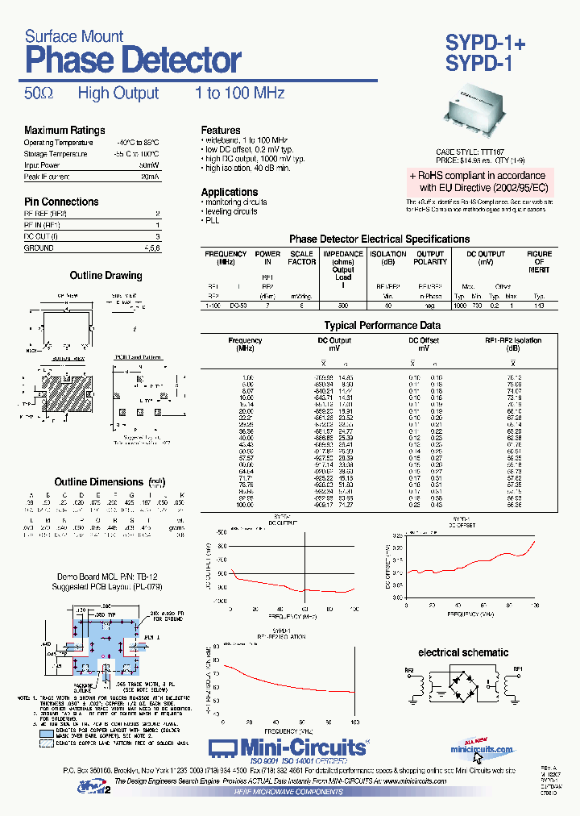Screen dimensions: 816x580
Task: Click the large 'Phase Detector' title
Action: tap(133, 60)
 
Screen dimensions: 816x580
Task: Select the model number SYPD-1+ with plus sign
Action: tap(485, 44)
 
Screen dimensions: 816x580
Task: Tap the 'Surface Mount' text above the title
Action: tap(74, 35)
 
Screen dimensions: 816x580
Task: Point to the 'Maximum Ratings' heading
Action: tap(64, 131)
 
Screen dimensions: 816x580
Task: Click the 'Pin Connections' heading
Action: tap(61, 202)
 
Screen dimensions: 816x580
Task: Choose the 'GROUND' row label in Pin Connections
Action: tap(39, 248)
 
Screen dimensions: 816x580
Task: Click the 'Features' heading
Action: tap(221, 131)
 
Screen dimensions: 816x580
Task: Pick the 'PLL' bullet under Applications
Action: tap(212, 220)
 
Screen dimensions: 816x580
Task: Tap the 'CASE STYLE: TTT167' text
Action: tap(470, 152)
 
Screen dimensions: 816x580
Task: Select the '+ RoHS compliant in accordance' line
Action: tap(477, 175)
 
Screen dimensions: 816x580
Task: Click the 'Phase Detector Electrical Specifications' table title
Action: tap(379, 239)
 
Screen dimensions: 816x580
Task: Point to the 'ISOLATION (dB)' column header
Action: tap(388, 257)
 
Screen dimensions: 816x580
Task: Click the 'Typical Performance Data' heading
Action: tap(382, 326)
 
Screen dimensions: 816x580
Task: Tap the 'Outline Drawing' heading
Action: tap(106, 276)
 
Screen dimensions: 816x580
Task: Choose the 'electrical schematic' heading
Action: tap(463, 652)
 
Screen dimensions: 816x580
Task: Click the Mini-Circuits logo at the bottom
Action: tap(289, 747)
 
